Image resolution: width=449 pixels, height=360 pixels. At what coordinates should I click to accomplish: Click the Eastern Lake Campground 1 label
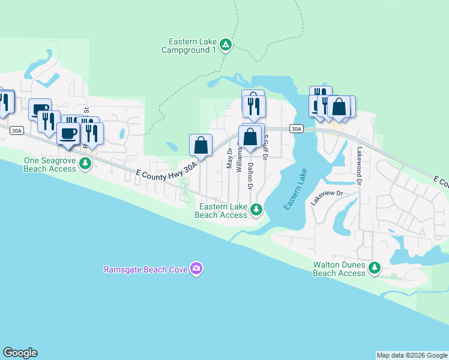188,46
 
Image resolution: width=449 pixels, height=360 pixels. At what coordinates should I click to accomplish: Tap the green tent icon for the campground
225,44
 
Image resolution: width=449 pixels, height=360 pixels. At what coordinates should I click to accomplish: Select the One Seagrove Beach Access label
50,164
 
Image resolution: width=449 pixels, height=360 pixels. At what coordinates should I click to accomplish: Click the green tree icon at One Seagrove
85,163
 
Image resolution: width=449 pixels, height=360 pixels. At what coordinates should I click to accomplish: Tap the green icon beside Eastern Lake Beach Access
256,209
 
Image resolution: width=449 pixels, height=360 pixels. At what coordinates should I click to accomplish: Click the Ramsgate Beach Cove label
145,269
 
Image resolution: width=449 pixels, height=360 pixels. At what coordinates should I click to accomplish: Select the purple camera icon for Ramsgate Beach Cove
196,269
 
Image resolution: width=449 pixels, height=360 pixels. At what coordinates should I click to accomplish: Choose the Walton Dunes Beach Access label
339,269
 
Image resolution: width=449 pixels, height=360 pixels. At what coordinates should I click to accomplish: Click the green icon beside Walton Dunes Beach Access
375,268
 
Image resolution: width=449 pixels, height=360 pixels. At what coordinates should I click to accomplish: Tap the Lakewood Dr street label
360,165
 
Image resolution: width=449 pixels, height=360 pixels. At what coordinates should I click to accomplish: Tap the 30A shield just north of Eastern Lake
295,129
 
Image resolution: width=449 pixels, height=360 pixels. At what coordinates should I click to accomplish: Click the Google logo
20,353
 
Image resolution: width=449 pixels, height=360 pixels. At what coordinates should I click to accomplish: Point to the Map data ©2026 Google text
411,355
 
